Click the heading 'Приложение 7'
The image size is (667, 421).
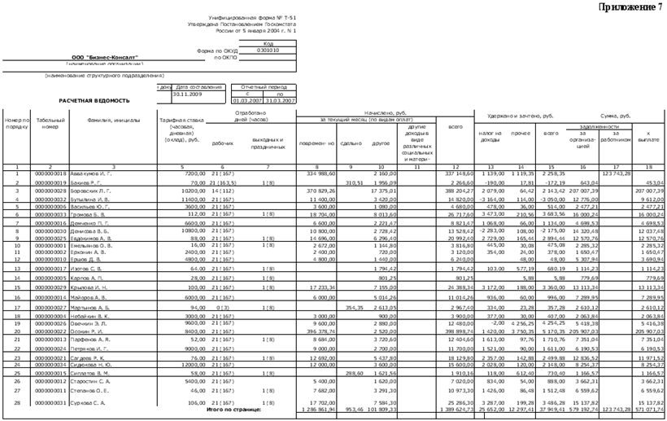pos(630,7)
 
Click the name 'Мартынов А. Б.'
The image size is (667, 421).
pos(90,309)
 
